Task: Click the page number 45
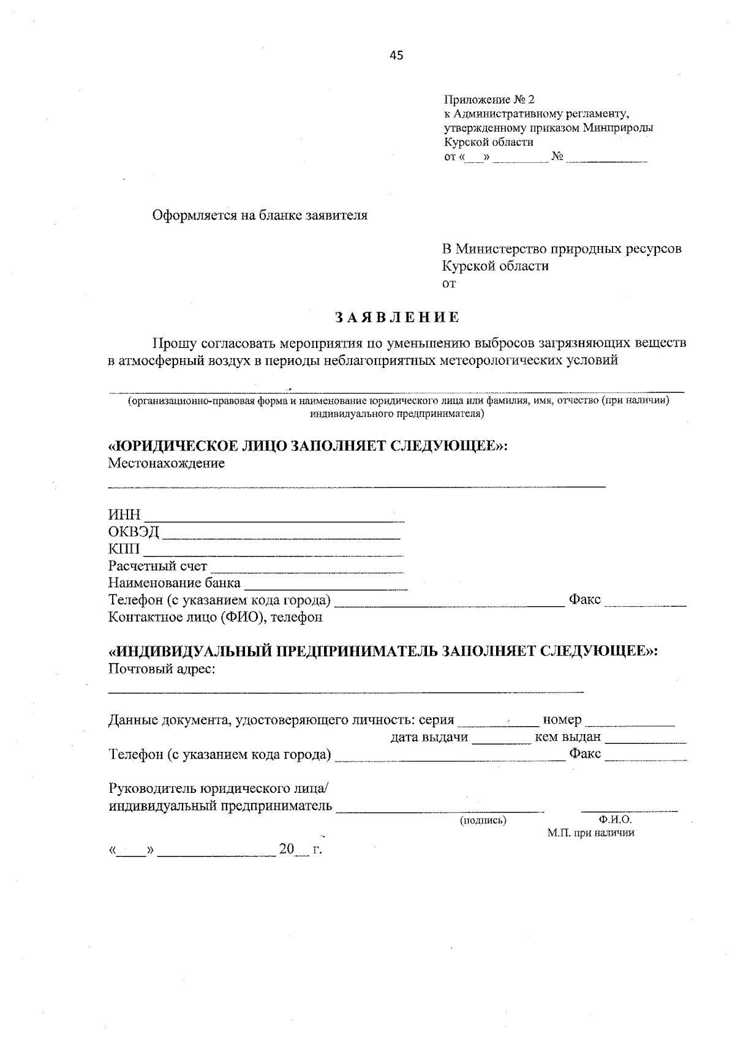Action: coord(396,56)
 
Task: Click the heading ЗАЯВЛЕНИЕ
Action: coord(397,317)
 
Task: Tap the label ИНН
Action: coord(124,514)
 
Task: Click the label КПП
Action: coord(124,549)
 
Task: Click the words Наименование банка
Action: coord(175,582)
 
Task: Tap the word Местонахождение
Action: coord(167,463)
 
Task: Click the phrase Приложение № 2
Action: coord(489,99)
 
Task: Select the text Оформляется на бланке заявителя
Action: coord(260,216)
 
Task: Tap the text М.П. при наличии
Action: coord(590,833)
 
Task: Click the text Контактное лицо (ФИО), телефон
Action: coord(215,617)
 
